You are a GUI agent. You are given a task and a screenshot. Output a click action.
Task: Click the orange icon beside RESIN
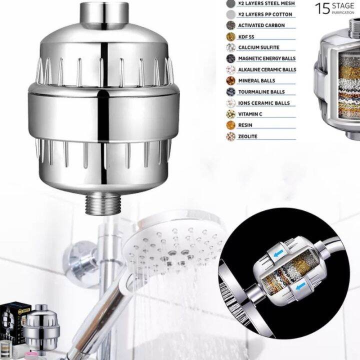point(230,125)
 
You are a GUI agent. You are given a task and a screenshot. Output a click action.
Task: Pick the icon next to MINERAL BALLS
point(230,80)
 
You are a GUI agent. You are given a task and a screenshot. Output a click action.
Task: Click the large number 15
point(321,8)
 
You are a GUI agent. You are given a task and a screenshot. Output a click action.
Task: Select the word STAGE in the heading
point(342,5)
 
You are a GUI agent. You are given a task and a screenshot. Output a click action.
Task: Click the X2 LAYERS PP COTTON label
point(265,14)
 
